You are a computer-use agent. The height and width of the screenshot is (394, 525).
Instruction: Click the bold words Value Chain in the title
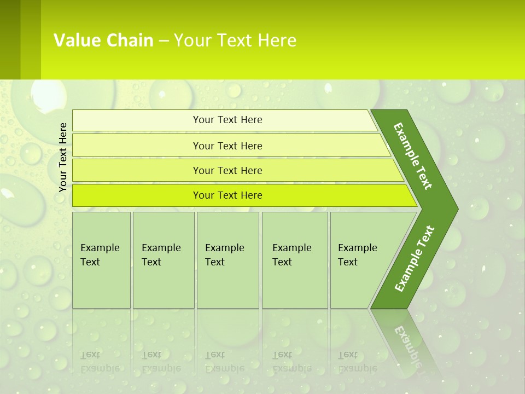[103, 40]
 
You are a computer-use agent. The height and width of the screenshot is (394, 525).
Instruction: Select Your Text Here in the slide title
[235, 40]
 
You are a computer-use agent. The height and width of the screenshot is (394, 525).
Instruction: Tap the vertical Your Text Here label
[63, 157]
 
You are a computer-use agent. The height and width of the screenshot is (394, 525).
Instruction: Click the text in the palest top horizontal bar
[227, 120]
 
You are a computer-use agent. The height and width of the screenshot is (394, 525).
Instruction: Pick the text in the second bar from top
[227, 146]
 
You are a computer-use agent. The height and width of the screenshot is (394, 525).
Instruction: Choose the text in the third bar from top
[227, 170]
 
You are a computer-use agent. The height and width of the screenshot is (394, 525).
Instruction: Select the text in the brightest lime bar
[227, 195]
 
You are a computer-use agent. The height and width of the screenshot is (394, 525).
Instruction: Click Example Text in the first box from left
[100, 255]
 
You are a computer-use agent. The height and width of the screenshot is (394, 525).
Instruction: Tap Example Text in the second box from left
[161, 255]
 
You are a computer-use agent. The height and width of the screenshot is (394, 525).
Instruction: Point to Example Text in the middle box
[224, 255]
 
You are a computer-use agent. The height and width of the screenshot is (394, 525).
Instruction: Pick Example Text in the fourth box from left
[291, 255]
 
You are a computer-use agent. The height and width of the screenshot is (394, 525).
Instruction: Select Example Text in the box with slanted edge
[357, 255]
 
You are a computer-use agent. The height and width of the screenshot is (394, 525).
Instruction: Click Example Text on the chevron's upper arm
[413, 156]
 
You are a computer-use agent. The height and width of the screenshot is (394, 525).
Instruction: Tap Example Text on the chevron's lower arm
[415, 259]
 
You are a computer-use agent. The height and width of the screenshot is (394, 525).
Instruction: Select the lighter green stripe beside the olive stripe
[31, 39]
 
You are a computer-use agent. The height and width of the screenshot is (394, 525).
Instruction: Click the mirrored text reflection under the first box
[100, 362]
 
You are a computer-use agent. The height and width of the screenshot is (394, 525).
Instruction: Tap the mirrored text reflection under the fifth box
[357, 362]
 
